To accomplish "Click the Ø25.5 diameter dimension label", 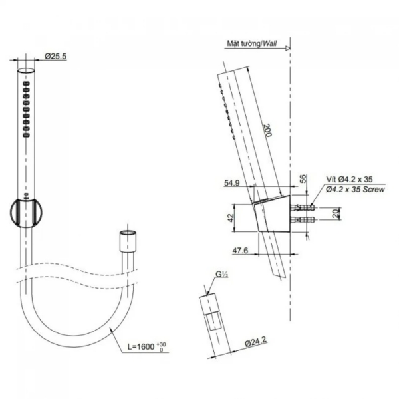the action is coord(56,56).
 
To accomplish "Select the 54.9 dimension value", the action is coord(231,183).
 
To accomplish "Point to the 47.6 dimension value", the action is coord(240,251).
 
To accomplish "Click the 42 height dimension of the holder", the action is coord(231,218).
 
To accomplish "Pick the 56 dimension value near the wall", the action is coord(303,179).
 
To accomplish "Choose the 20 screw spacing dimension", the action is coord(336,213).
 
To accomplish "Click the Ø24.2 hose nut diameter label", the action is coord(256,342).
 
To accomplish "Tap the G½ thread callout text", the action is coord(222,274).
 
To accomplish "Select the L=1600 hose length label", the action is coord(147,346).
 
